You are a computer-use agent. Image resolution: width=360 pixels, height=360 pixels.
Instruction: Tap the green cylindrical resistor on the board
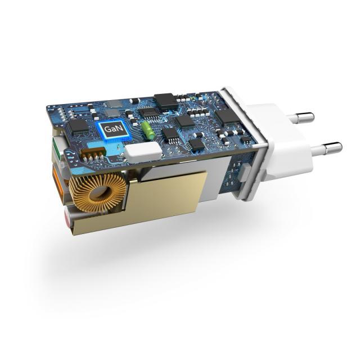click(x=148, y=130)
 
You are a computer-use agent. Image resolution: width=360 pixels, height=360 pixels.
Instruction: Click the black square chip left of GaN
click(x=79, y=126)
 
